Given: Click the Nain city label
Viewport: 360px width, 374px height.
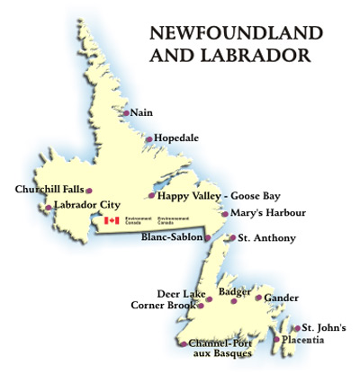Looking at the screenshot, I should [141, 112].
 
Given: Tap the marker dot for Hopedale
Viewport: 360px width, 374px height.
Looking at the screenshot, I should [149, 139].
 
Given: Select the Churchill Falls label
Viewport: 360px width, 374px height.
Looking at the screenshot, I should [49, 190].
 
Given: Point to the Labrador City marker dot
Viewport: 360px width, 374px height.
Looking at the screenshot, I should [48, 208].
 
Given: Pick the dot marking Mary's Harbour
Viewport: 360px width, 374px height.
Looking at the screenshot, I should [224, 214].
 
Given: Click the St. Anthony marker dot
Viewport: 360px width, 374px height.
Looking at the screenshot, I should [232, 238].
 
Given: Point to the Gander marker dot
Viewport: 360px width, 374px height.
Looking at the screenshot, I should [258, 298].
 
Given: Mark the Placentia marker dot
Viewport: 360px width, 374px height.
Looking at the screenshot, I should [276, 339].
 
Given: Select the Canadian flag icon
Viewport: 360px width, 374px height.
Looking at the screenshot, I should [112, 220].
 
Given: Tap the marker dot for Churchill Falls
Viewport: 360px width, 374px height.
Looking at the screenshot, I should [88, 190].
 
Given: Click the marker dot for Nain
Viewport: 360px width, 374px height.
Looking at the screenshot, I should [125, 112].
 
